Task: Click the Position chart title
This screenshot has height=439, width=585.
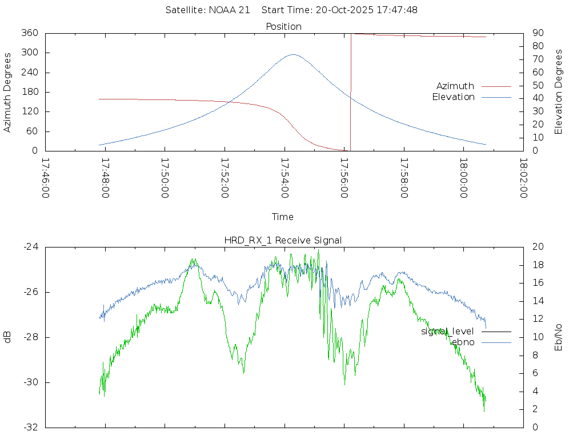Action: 283,26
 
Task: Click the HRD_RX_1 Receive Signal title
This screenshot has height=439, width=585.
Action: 283,240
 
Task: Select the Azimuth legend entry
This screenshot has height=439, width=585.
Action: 455,86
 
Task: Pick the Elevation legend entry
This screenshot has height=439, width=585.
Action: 453,97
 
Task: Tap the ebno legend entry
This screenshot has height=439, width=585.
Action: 463,342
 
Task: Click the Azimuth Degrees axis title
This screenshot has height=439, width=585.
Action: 8,92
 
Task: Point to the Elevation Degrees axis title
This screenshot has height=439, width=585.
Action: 559,91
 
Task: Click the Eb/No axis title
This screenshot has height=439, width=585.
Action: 559,337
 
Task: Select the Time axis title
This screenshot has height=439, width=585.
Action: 283,217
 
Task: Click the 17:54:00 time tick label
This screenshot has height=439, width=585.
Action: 285,178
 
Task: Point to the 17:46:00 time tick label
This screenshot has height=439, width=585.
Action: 46,178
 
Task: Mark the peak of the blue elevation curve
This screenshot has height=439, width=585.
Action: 293,55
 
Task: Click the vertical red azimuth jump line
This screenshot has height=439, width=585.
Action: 350,91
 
